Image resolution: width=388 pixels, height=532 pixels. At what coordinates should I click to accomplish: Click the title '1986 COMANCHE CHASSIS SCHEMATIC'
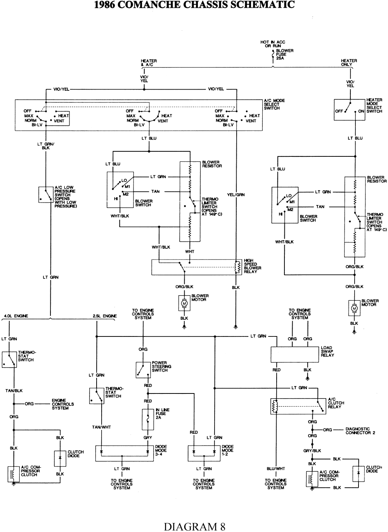[x=194, y=5]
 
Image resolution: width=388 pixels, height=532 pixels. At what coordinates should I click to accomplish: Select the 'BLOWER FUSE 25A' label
[x=284, y=55]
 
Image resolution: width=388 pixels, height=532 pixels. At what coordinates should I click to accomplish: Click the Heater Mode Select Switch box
[x=349, y=110]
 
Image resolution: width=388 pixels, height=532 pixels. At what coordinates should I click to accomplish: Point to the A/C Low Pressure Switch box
[x=46, y=194]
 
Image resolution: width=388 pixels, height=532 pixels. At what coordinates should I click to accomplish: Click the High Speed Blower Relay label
[x=252, y=266]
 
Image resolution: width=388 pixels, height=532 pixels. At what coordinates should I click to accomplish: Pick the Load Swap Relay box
[x=294, y=354]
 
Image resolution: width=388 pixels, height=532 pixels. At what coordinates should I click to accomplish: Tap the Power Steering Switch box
[x=143, y=370]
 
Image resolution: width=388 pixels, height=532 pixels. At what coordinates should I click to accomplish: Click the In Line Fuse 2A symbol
[x=147, y=419]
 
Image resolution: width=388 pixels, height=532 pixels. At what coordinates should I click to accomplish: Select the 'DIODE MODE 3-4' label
[x=161, y=450]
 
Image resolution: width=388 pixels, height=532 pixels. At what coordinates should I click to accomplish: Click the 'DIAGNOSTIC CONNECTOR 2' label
[x=360, y=431]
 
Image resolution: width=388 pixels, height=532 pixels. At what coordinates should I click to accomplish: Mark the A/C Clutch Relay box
[x=298, y=406]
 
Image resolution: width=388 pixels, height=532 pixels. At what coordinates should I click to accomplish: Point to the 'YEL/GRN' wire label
[x=236, y=195]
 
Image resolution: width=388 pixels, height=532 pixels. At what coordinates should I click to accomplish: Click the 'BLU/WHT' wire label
[x=276, y=469]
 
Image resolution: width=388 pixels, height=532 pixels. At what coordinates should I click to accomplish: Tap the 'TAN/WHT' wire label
[x=101, y=427]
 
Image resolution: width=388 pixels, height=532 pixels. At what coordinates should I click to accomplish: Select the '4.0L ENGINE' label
[x=16, y=316]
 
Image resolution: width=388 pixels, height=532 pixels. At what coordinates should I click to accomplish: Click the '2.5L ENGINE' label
[x=105, y=316]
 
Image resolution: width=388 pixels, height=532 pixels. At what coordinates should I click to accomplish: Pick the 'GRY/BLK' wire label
[x=312, y=451]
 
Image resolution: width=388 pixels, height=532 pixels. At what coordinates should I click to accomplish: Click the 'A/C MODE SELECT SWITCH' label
[x=274, y=104]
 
